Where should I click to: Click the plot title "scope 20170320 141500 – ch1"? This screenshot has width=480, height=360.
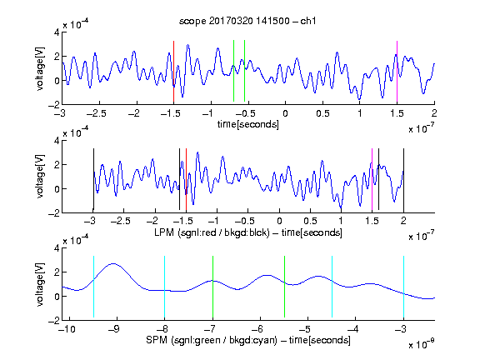247,21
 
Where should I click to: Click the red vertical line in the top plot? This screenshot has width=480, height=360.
173,71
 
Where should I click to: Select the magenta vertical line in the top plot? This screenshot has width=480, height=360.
397,71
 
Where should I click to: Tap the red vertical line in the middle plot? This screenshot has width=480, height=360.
186,180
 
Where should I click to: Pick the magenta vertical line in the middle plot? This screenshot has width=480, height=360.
372,180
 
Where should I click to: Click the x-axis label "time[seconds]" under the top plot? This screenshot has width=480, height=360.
248,124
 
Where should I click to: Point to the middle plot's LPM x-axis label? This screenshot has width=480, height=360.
248,232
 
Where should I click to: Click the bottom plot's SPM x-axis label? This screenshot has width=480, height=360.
248,340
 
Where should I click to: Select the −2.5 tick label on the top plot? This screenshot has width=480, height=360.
96,113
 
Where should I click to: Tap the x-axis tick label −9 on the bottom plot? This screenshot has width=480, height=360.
114,329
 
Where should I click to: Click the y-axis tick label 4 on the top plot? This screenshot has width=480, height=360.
57,32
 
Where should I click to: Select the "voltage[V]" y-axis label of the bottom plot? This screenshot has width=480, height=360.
40,284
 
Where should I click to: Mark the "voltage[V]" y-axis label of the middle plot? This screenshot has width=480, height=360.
40,177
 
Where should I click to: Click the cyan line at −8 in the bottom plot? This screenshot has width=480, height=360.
165,287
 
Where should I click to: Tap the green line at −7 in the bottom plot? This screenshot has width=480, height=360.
212,287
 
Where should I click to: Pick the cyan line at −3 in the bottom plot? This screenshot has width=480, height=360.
404,287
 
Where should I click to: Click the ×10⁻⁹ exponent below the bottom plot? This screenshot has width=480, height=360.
422,344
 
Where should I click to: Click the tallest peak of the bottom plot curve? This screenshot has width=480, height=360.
113,263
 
